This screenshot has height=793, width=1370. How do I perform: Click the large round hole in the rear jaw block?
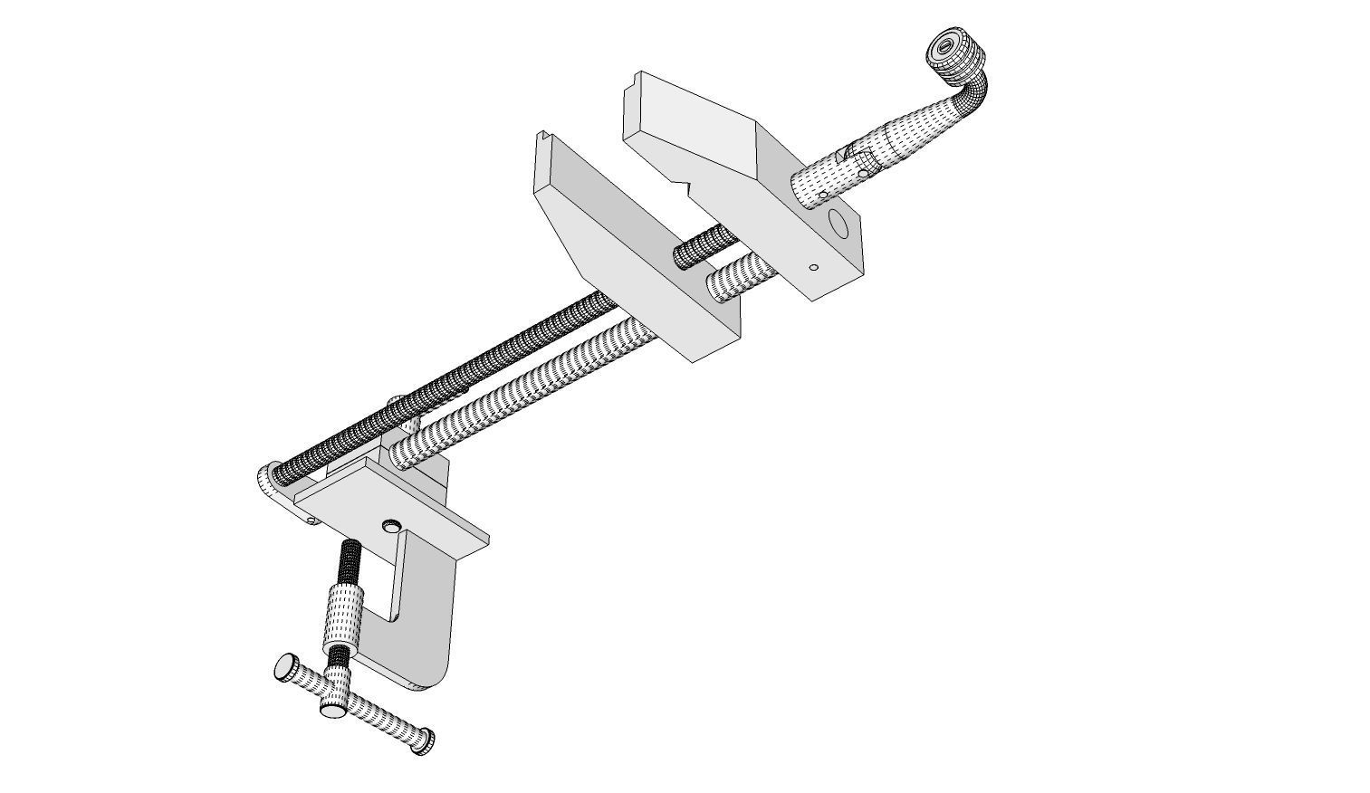click(x=838, y=222)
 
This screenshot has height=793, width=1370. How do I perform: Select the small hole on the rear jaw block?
click(x=813, y=267)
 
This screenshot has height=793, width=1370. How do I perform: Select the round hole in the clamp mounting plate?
click(x=391, y=525)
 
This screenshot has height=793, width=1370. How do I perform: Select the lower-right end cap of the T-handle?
click(x=422, y=740)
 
